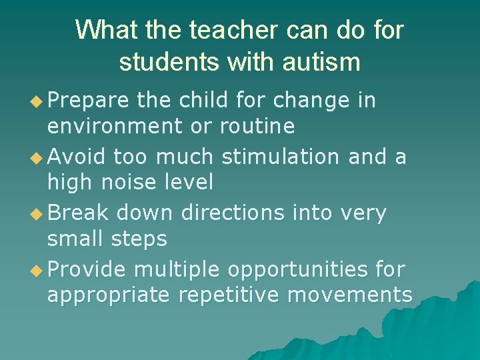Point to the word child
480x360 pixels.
[197, 100]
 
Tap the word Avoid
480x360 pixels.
[77, 157]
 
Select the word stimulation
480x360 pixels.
[280, 157]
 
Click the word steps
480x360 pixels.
[139, 238]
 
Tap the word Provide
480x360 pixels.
[87, 269]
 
